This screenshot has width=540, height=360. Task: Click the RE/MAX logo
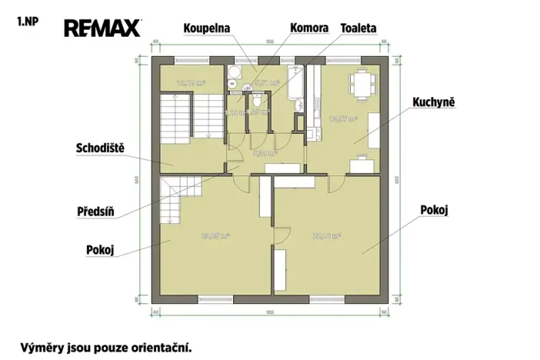102,28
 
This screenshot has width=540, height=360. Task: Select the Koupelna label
207,28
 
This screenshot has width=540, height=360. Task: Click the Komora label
309,28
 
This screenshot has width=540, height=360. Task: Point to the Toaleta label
358,28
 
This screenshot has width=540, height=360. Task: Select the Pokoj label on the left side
100,249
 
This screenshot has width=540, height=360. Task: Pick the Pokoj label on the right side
434,208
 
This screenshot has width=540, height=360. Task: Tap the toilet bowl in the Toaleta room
257,100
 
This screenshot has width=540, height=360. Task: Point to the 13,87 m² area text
339,119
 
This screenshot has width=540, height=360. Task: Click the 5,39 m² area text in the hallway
266,152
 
